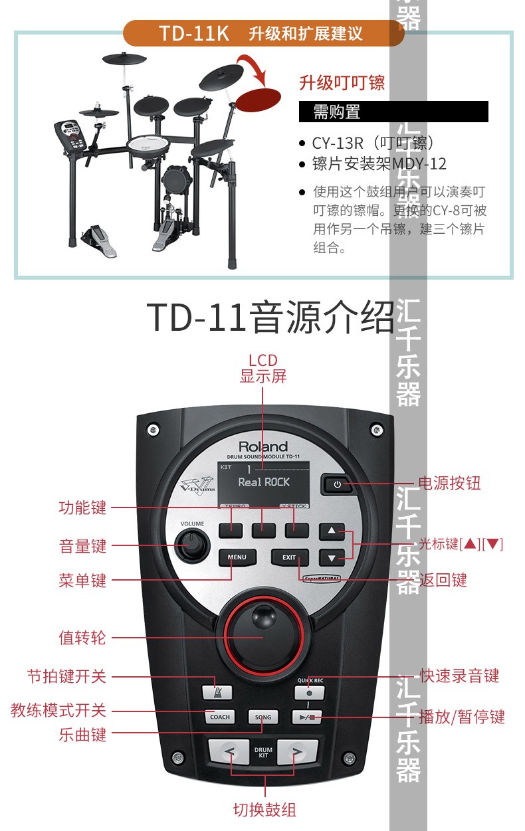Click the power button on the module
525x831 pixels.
click(x=337, y=484)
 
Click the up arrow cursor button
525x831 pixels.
click(x=332, y=532)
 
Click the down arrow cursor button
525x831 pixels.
click(x=332, y=557)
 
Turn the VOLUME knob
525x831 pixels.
click(x=193, y=544)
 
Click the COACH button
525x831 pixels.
click(x=219, y=717)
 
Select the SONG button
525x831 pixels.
click(x=263, y=717)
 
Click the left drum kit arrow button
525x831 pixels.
click(x=229, y=753)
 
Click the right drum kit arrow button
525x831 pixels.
click(x=297, y=753)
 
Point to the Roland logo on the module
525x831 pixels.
click(x=263, y=446)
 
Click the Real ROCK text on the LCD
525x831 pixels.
click(x=264, y=482)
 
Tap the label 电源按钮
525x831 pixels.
click(x=449, y=483)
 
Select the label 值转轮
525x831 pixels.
click(x=82, y=638)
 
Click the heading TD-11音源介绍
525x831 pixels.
click(x=270, y=318)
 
